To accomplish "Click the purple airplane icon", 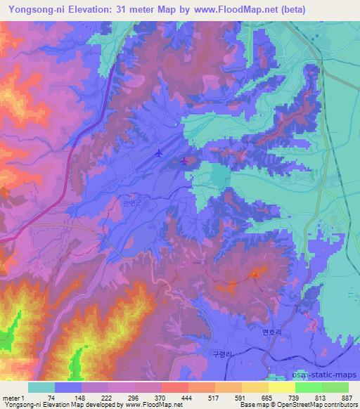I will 184,161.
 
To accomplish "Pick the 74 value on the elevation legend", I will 52,398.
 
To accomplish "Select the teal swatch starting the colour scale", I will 41,387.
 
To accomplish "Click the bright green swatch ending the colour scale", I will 335,387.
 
